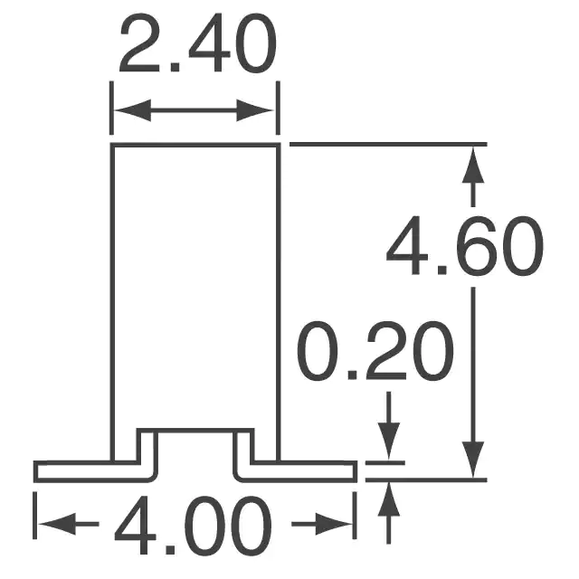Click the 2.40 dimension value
tap(197, 43)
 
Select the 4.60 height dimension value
tap(464, 246)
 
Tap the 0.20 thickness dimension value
tap(375, 350)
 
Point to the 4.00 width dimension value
tap(193, 525)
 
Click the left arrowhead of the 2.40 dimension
tap(132, 110)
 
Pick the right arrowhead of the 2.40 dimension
tap(255, 110)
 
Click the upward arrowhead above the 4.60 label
tap(473, 165)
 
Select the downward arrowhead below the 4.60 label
tap(473, 460)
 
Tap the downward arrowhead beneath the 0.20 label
tap(388, 441)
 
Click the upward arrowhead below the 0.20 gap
tap(388, 500)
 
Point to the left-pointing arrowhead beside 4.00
tap(57, 524)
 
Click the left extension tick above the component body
tap(111, 109)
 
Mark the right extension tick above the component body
tap(278, 109)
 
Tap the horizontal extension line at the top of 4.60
tap(388, 144)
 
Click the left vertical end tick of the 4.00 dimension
tap(34, 516)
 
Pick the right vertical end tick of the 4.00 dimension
tap(355, 516)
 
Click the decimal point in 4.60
tap(442, 271)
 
